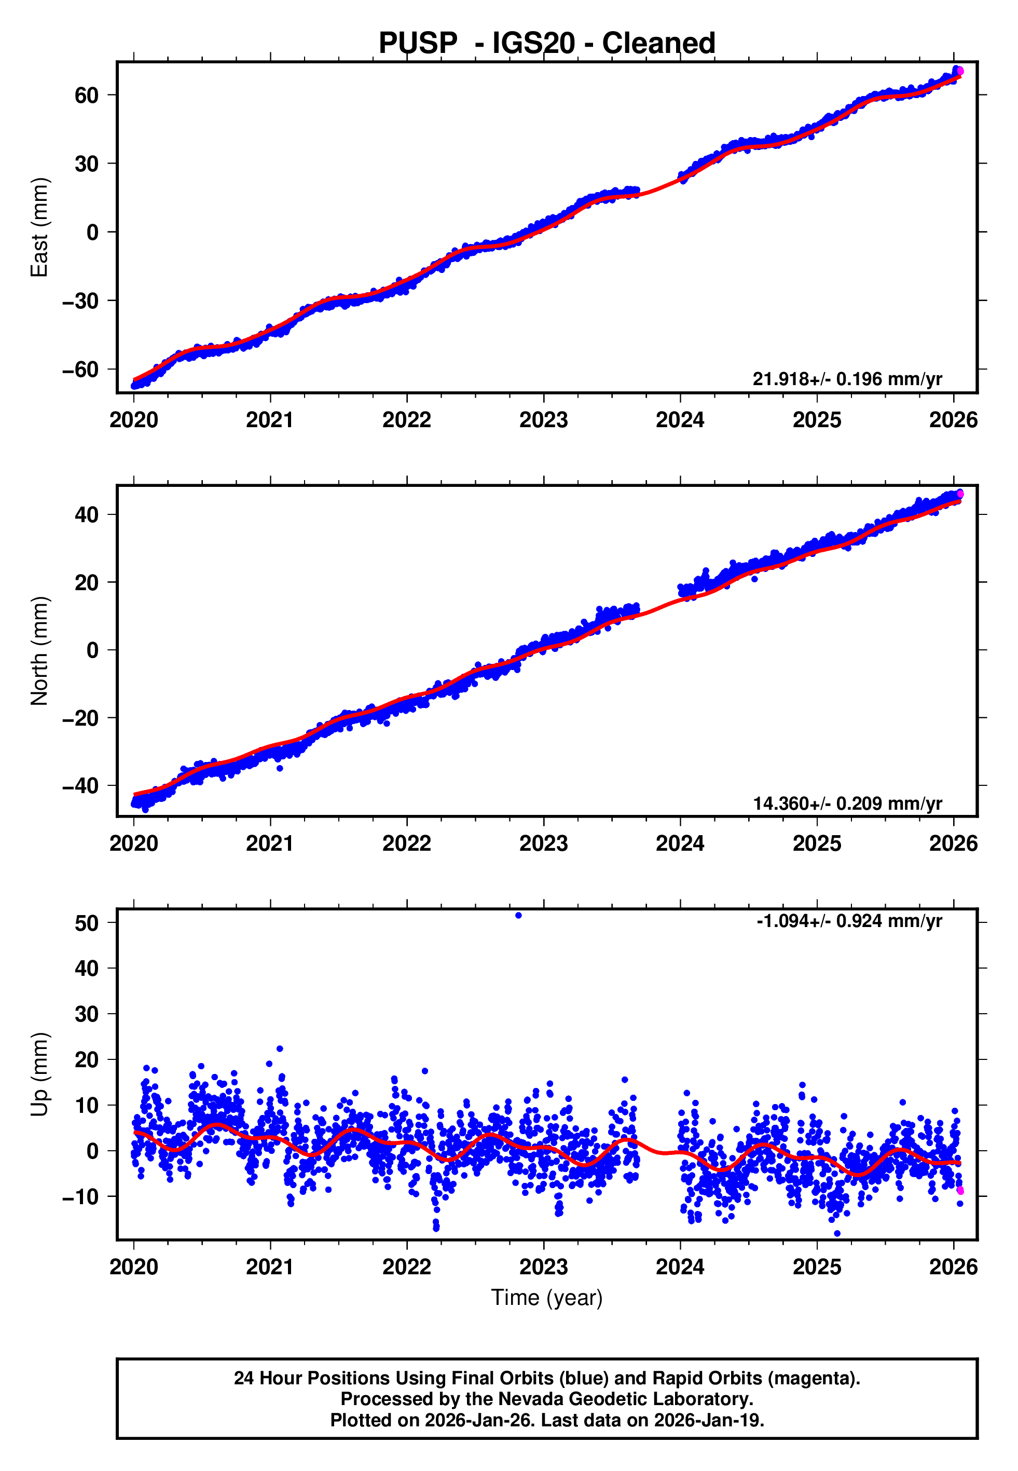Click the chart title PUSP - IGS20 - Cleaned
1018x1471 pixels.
tap(547, 44)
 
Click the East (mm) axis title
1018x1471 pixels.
tap(39, 227)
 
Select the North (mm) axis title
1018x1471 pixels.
tap(39, 651)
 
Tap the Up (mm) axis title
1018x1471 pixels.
tap(39, 1073)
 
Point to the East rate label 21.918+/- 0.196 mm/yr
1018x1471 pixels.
tap(847, 379)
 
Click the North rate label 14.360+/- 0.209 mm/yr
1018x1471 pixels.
tap(847, 803)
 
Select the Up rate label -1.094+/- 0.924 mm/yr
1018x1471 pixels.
tap(849, 921)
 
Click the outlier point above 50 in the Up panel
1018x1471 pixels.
tap(518, 916)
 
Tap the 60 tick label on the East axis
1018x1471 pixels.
tap(87, 95)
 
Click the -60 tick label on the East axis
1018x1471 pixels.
tap(80, 370)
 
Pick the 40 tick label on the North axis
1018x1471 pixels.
tap(87, 514)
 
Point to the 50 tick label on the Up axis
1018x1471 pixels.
tap(87, 923)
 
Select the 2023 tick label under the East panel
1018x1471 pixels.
tap(543, 420)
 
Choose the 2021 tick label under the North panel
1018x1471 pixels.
tap(270, 843)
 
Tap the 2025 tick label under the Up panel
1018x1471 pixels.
tap(817, 1266)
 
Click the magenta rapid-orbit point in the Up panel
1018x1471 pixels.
tap(960, 1191)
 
